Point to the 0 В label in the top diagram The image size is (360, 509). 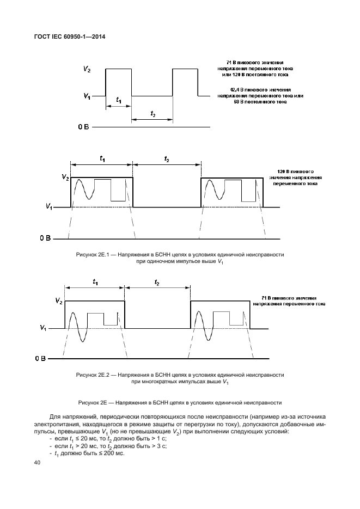(83, 127)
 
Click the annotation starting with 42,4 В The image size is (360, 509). (260, 96)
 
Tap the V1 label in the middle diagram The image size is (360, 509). (49, 207)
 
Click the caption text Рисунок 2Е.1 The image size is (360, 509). (180, 258)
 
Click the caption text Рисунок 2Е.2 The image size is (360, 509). (180, 378)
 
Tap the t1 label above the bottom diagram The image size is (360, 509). (95, 281)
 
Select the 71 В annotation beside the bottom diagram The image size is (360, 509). (292, 301)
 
